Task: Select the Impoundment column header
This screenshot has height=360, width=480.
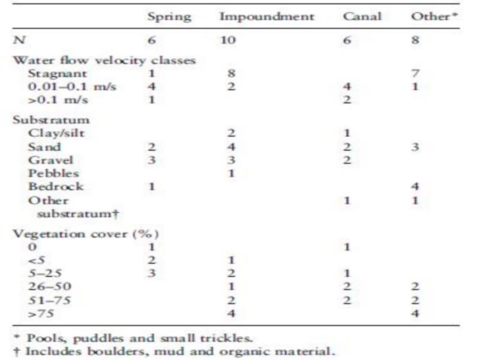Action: (x=266, y=16)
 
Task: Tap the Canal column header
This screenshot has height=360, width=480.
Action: (x=362, y=16)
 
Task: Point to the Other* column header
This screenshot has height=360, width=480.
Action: (x=430, y=16)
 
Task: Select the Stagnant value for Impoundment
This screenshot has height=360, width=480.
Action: (x=231, y=74)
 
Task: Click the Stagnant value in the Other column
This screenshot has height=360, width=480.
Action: (x=415, y=74)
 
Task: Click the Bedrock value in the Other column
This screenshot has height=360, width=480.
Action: (x=415, y=186)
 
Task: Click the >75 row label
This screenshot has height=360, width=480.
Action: (x=38, y=313)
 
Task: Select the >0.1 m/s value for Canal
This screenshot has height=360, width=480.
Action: (x=346, y=100)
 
